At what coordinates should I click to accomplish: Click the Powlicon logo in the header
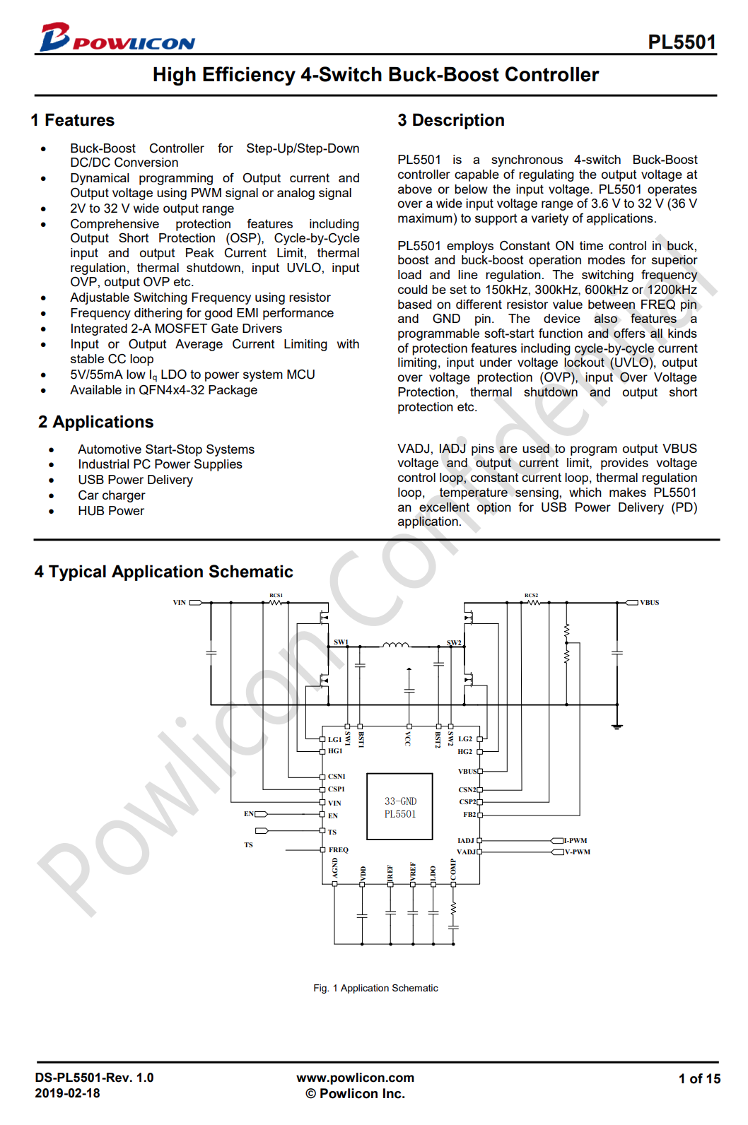(117, 38)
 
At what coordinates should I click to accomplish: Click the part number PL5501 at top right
(682, 42)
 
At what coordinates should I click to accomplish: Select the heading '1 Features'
(72, 120)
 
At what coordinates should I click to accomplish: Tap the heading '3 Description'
(450, 120)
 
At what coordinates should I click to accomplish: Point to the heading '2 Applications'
(95, 422)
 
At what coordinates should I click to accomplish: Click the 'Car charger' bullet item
(111, 495)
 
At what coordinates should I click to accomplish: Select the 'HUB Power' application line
(110, 511)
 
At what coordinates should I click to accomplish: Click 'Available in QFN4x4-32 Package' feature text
(163, 390)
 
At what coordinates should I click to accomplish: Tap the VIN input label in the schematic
(180, 603)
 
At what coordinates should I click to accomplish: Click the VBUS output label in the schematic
(649, 603)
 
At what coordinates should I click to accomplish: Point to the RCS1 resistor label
(276, 596)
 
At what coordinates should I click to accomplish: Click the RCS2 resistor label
(531, 596)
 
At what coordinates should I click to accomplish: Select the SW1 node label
(341, 642)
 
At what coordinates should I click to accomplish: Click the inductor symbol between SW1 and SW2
(395, 644)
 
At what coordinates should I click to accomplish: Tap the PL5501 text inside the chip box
(399, 814)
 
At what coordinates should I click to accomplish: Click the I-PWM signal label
(575, 840)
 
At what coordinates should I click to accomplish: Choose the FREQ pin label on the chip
(338, 849)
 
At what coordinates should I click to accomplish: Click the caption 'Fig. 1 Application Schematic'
(375, 988)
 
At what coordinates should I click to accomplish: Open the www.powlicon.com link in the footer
(355, 1078)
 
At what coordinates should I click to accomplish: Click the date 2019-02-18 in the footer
(67, 1093)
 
